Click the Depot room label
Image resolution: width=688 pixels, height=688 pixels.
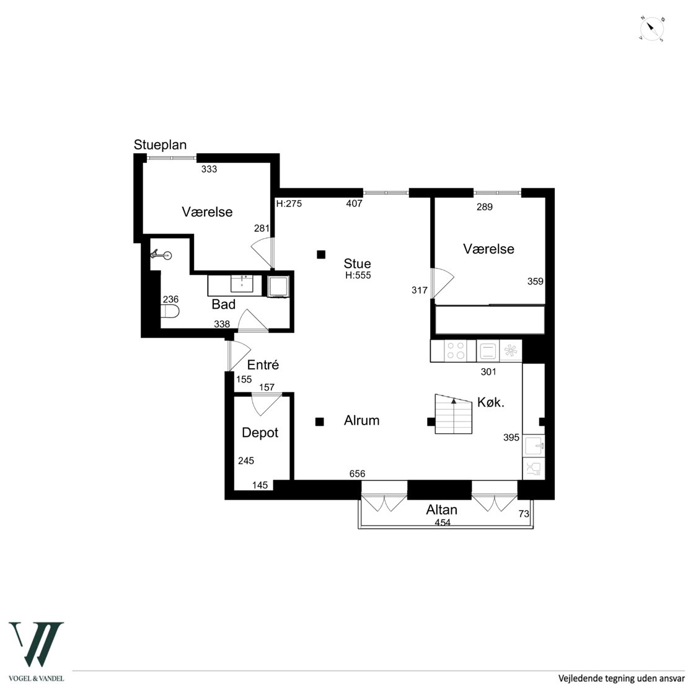pyautogui.click(x=260, y=433)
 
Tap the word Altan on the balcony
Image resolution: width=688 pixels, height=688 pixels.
pyautogui.click(x=441, y=510)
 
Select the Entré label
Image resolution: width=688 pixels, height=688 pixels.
pyautogui.click(x=263, y=364)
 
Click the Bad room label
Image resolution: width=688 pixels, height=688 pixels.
pyautogui.click(x=223, y=304)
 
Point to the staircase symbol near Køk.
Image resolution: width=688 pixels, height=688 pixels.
pyautogui.click(x=453, y=414)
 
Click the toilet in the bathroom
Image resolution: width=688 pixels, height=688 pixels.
pyautogui.click(x=170, y=312)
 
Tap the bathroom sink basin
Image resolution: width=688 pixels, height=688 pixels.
pyautogui.click(x=242, y=283)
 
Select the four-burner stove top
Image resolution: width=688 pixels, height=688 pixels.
pyautogui.click(x=455, y=351)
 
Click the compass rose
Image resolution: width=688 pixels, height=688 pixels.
pyautogui.click(x=651, y=29)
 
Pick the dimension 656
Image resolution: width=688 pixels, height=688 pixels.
pyautogui.click(x=357, y=474)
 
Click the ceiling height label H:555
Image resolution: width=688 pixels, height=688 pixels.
pyautogui.click(x=358, y=275)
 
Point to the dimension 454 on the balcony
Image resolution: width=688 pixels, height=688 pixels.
pyautogui.click(x=443, y=522)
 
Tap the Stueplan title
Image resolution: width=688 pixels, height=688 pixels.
pyautogui.click(x=160, y=145)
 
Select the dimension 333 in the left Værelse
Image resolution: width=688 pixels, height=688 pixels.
pyautogui.click(x=209, y=169)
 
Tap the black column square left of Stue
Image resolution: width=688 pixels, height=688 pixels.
pyautogui.click(x=321, y=254)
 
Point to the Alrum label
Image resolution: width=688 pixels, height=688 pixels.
pyautogui.click(x=361, y=420)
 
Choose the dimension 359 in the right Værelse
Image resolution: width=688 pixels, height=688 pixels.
pyautogui.click(x=536, y=281)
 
